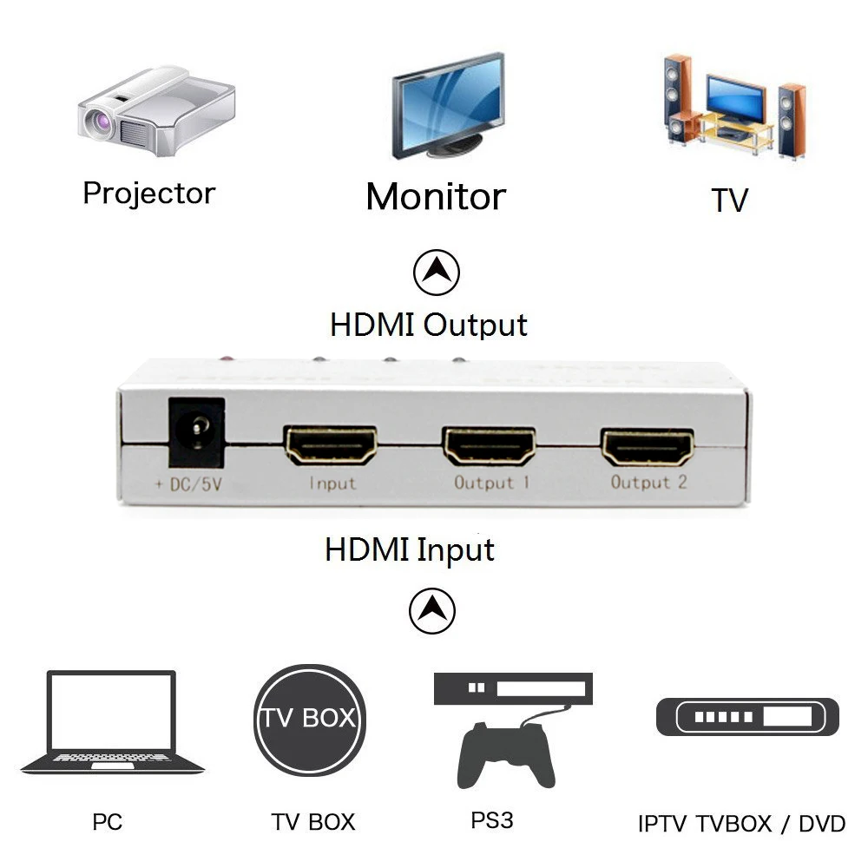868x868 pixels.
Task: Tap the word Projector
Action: point(148,193)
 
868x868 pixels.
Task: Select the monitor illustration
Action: point(448,106)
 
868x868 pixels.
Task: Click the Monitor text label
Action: point(436,196)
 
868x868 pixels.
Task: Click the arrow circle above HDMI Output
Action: point(436,275)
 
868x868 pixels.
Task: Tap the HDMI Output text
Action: point(429,325)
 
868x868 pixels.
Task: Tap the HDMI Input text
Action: point(410,549)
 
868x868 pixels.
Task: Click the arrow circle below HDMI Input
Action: point(432,611)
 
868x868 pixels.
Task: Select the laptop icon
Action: point(113,723)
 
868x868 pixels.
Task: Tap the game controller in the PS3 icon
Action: point(507,753)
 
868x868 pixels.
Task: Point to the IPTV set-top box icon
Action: point(747,717)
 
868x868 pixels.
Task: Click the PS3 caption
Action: point(492,819)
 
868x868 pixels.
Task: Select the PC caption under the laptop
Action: point(108,821)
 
